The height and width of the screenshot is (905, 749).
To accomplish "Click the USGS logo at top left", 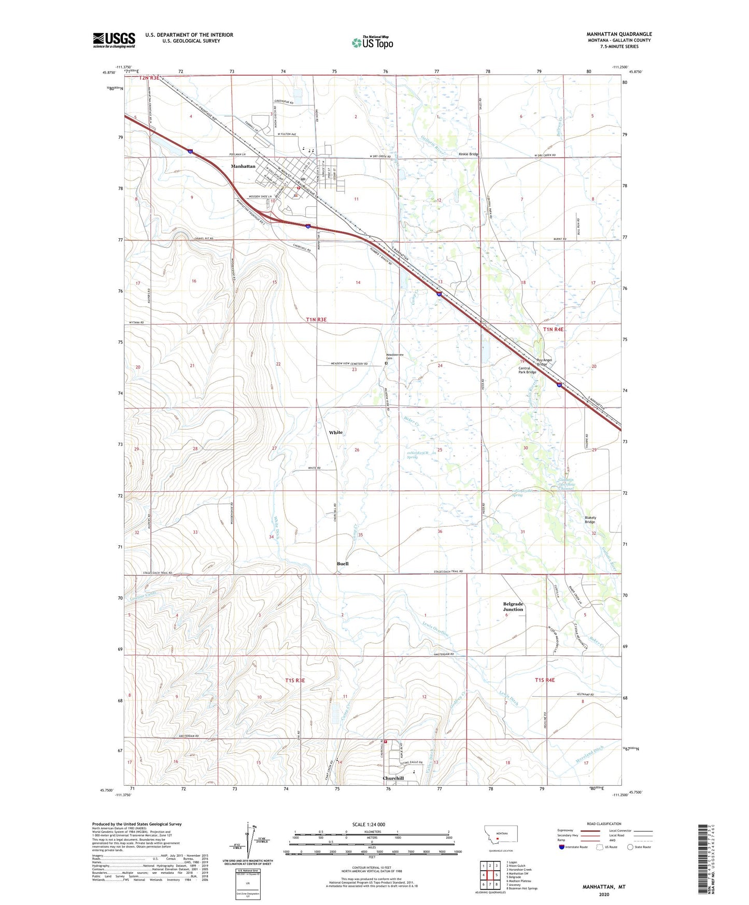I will [114, 40].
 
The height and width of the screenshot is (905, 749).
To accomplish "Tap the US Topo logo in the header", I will [372, 42].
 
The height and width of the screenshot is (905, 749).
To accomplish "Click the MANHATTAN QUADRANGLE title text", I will [619, 34].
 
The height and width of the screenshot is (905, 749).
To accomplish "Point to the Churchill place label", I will [393, 778].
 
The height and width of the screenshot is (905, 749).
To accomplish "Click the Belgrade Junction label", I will [513, 606].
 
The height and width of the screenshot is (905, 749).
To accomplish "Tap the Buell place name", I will [343, 563].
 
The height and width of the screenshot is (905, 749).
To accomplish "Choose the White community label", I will [335, 432].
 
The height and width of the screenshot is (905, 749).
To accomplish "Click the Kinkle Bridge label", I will [469, 154].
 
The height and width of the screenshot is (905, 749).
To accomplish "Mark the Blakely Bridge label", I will [590, 519].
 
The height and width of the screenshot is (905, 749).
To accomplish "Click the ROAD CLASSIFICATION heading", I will [604, 824].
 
